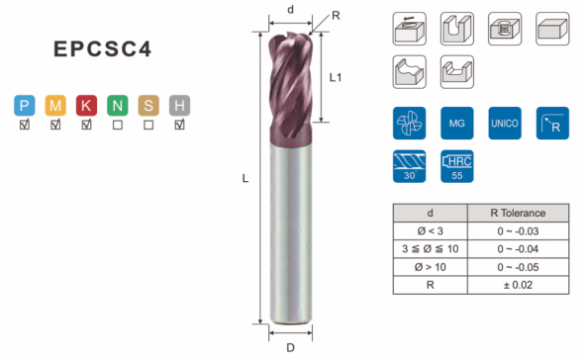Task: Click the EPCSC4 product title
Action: point(102,48)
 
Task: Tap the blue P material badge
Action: point(25,106)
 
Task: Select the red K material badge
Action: point(86,106)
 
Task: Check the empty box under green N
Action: point(118,125)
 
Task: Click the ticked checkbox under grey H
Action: point(179,125)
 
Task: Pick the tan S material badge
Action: point(148,106)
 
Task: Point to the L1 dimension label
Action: point(336,77)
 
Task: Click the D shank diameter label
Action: point(290,348)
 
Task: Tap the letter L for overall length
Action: point(245,179)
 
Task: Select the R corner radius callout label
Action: point(336,16)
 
